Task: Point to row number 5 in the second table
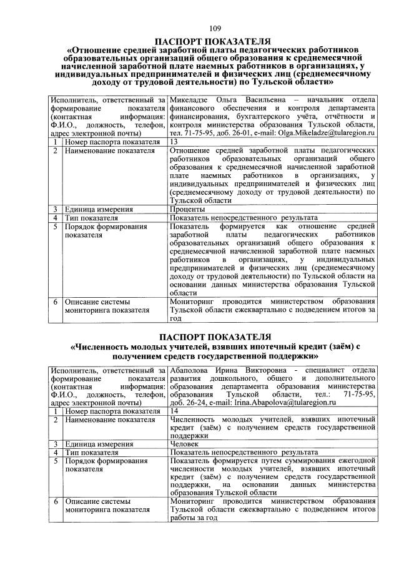pos(56,461)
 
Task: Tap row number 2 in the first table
pos(56,151)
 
